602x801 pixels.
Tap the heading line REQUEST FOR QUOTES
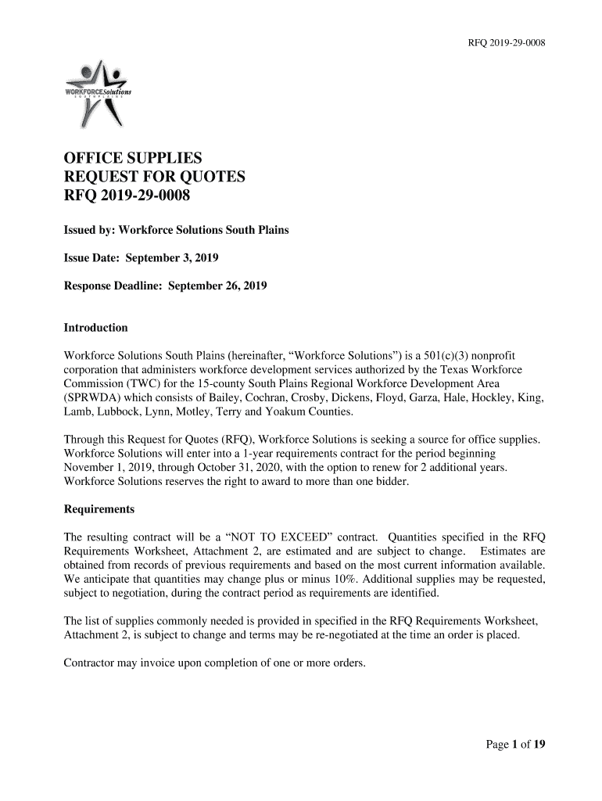click(x=154, y=178)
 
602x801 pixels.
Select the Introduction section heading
click(x=95, y=328)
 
